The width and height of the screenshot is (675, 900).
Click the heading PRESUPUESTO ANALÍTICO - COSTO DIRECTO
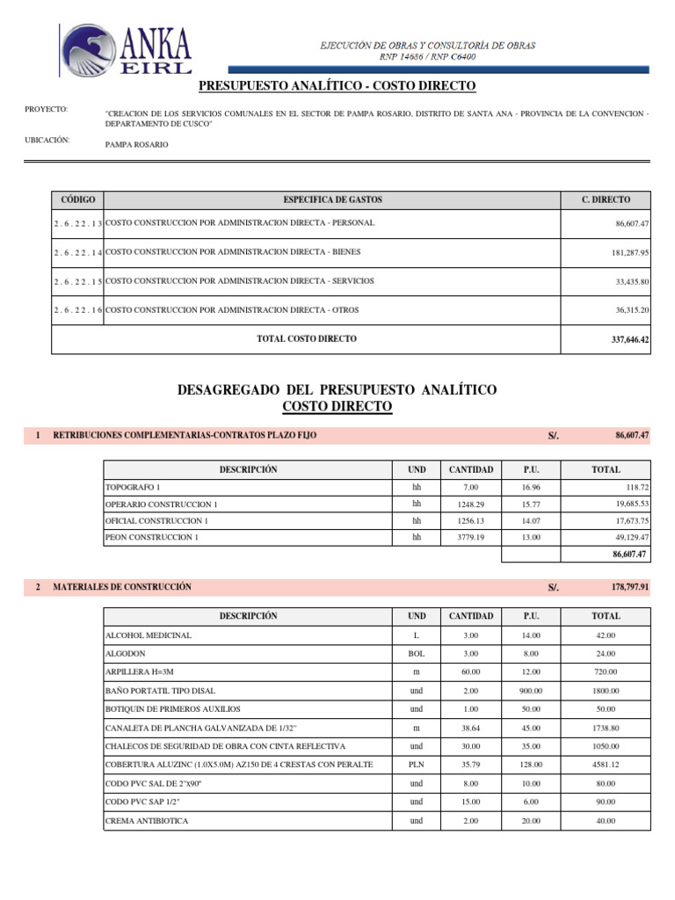(337, 85)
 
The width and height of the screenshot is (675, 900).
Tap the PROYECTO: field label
(47, 109)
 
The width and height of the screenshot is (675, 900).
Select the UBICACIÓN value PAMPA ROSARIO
(136, 144)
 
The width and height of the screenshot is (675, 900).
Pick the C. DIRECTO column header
(606, 200)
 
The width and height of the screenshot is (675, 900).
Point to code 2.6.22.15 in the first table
(77, 282)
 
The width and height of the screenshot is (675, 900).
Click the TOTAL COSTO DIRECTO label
(307, 338)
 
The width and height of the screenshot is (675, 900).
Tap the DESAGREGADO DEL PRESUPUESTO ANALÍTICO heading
(337, 389)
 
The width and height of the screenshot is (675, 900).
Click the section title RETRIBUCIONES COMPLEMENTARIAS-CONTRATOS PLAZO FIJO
(185, 435)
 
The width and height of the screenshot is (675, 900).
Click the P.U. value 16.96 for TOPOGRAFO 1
(530, 487)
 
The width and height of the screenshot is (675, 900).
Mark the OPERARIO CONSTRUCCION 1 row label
(162, 504)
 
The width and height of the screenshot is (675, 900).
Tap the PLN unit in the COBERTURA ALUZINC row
(417, 765)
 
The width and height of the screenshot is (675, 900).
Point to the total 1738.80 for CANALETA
(606, 728)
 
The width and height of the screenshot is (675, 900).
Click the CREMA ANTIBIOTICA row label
(147, 821)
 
